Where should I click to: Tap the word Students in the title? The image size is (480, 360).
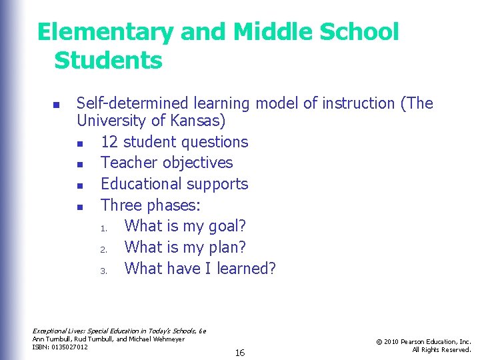pos(108,60)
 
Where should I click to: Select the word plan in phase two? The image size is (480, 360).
pos(223,247)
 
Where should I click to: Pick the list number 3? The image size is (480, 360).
pos(104,270)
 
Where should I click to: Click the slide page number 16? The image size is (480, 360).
pos(239,353)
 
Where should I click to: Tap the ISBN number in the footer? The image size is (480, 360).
pos(71,347)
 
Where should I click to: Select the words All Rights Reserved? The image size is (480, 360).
pos(441,350)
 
